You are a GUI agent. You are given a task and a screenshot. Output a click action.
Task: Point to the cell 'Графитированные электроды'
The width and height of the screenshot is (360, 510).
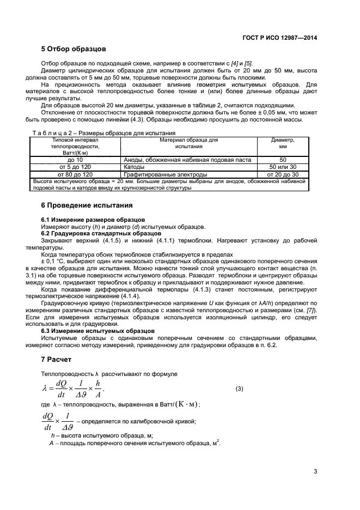[158, 174]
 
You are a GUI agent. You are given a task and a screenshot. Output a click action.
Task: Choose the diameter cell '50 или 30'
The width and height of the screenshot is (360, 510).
[283, 167]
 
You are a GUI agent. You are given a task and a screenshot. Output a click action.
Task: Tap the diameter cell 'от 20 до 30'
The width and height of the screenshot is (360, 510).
[283, 174]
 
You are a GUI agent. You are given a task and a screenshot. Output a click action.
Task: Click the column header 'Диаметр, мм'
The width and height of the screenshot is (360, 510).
[283, 143]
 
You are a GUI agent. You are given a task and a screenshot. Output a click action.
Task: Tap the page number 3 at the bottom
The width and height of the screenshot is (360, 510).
[315, 471]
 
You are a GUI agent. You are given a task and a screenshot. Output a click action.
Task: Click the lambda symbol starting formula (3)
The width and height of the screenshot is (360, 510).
[45, 388]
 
